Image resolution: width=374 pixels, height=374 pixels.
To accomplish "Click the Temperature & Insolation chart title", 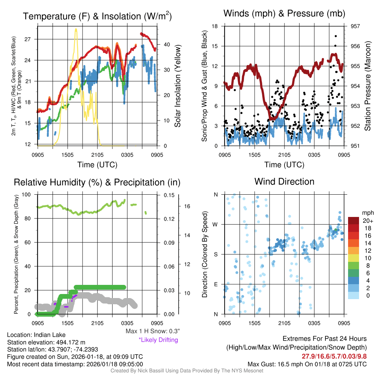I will (97, 16).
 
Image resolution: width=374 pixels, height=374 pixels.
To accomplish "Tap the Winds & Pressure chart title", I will (284, 14).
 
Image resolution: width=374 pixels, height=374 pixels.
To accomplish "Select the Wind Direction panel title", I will (284, 182).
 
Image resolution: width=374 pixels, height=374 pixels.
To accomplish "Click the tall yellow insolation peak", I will (76, 30).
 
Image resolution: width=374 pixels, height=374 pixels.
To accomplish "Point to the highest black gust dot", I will (336, 36).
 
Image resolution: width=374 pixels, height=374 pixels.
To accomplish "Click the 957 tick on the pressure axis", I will (356, 26).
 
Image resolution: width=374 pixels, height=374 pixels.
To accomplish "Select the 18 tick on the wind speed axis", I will (215, 26).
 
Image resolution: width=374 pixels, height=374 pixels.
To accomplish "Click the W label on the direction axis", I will (215, 224).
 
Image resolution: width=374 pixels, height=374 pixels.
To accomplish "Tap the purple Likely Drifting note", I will (158, 340).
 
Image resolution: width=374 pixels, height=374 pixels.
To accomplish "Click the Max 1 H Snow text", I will (152, 331).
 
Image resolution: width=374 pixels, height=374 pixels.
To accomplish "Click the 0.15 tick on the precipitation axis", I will (167, 195).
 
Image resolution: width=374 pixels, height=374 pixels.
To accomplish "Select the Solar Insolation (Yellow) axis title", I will (178, 86).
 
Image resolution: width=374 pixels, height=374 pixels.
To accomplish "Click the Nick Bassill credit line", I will (187, 371).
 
